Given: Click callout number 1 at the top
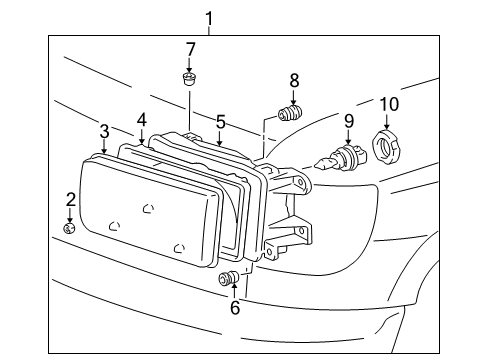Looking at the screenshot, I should click(x=209, y=17).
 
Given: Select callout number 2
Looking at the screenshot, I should click(x=70, y=199).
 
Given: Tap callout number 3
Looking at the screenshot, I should click(x=104, y=131).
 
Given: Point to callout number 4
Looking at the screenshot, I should click(x=142, y=120).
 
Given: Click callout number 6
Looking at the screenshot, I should click(x=235, y=309).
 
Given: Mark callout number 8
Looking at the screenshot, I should click(x=294, y=81).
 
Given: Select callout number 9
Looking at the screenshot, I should click(x=349, y=121).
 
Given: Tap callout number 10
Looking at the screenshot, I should click(x=387, y=104).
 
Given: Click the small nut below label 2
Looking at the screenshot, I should click(x=70, y=229).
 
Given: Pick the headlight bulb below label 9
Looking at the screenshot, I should click(x=339, y=156).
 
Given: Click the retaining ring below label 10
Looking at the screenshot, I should click(x=386, y=148).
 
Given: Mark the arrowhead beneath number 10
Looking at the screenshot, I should click(x=387, y=125).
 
